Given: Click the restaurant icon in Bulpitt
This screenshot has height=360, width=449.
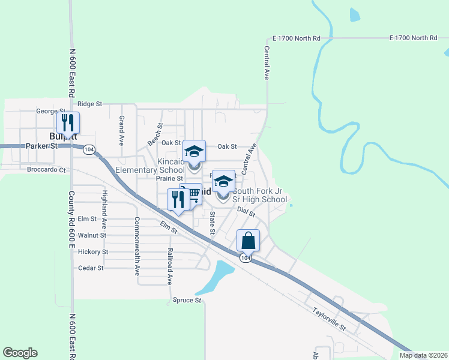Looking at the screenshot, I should click(x=68, y=122).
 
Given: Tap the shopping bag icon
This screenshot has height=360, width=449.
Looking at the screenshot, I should click(x=249, y=241).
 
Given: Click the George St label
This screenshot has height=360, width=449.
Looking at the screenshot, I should click(x=50, y=111).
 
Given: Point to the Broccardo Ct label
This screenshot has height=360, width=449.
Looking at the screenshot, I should click(x=46, y=170).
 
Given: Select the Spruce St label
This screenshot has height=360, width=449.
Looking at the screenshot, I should click(x=186, y=300).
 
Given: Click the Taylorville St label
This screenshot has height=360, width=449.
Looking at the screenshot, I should click(x=329, y=319).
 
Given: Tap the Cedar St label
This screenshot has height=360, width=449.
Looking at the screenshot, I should click(x=91, y=268).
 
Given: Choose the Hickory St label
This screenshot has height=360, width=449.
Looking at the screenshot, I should click(x=93, y=252).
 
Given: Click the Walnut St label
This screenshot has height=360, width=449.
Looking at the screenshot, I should click(x=92, y=235).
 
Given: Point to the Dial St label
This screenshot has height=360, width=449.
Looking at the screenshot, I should click(x=246, y=211).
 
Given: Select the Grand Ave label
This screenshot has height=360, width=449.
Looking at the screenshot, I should click(x=121, y=131).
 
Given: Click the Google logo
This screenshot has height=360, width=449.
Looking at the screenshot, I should click(x=20, y=353).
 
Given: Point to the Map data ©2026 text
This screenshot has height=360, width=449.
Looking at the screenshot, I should click(x=424, y=355).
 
